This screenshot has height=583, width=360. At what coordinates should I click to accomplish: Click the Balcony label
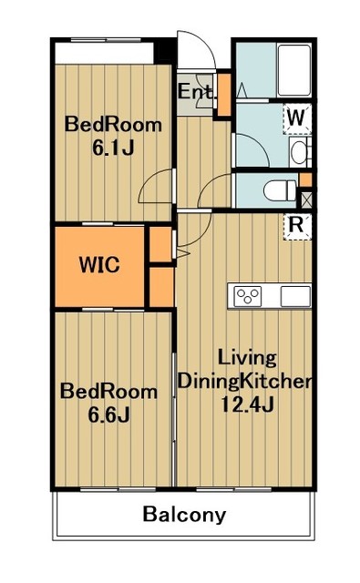[184, 516]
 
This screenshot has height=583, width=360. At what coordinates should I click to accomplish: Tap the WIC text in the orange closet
[99, 265]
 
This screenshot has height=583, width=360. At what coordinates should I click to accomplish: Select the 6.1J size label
[113, 148]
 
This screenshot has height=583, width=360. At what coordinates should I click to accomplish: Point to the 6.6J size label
[108, 414]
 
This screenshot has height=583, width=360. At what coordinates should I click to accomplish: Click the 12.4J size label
[247, 404]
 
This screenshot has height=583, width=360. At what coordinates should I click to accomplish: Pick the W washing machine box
[297, 119]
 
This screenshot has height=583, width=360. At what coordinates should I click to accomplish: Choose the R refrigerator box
[297, 227]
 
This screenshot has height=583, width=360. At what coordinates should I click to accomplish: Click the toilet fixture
[280, 190]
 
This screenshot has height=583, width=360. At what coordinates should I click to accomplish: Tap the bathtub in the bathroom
[294, 70]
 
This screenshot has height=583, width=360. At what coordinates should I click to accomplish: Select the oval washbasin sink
[298, 152]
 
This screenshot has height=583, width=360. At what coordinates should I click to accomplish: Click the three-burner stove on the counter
[248, 296]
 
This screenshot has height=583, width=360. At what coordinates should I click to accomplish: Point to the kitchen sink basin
[295, 296]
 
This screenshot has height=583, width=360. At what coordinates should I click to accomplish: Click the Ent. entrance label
[196, 91]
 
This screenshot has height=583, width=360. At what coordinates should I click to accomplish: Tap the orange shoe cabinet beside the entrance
[224, 95]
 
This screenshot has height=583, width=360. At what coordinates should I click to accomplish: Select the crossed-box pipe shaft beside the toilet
[306, 199]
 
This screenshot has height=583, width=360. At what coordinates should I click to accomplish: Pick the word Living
[247, 358]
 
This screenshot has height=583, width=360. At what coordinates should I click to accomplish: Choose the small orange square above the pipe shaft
[305, 180]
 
